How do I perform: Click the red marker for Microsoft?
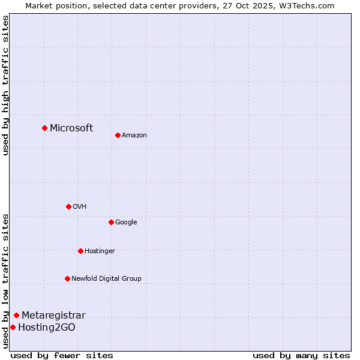[x=44, y=128]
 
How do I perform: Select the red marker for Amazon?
[x=118, y=135]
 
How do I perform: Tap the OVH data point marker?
[x=68, y=206]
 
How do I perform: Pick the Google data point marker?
[x=111, y=222]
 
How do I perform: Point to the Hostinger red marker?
[x=80, y=251]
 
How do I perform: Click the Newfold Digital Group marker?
[x=67, y=278]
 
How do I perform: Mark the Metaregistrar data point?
[x=16, y=315]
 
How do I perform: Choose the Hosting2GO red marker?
[x=13, y=327]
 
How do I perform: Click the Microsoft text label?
[x=71, y=128]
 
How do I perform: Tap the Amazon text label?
[x=134, y=135]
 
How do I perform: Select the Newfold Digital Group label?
[x=106, y=278]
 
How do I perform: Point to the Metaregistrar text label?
[x=53, y=315]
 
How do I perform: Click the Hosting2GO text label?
[x=47, y=327]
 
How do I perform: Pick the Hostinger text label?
[x=100, y=251]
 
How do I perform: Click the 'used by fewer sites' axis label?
[x=62, y=355]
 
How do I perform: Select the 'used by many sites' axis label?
[x=301, y=355]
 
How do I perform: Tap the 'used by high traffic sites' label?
[x=5, y=85]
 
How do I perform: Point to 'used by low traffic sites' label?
[x=5, y=280]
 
